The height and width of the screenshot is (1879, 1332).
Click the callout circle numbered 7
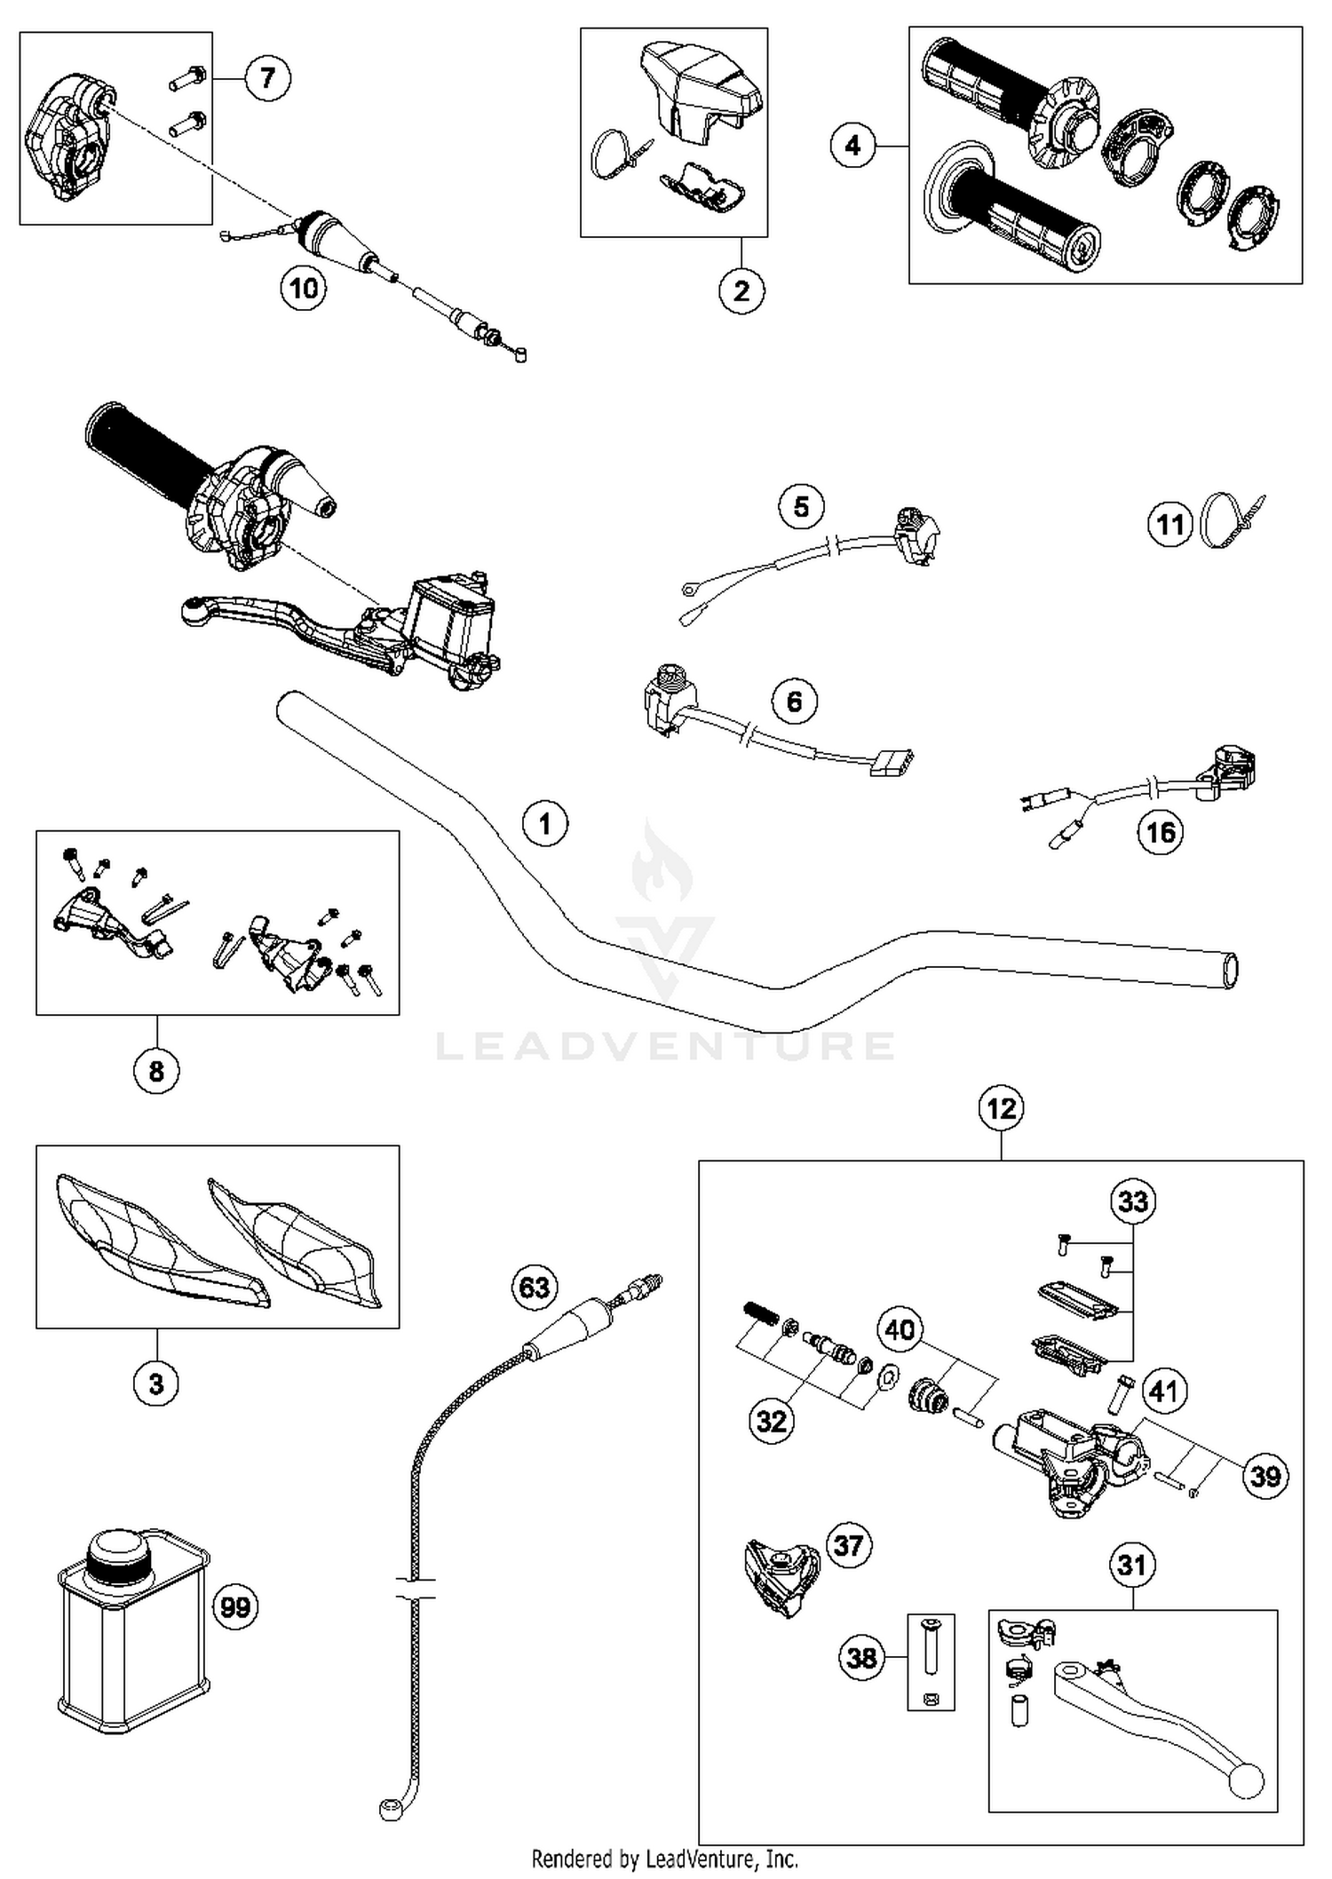click(267, 78)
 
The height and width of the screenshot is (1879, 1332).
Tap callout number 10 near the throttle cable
click(304, 288)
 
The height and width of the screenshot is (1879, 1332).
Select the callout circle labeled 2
click(741, 290)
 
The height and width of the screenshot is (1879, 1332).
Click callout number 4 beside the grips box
click(852, 145)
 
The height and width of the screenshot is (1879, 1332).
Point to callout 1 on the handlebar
click(544, 823)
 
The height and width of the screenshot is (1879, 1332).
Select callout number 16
click(1160, 832)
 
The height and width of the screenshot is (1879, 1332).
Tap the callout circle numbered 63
click(534, 1287)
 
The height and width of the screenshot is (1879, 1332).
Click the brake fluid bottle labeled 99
click(133, 1626)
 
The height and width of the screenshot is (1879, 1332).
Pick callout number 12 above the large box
click(1001, 1107)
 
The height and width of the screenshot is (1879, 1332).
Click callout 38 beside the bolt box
click(861, 1657)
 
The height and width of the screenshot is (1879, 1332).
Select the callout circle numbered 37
click(848, 1545)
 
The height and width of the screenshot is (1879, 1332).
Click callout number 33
click(1133, 1201)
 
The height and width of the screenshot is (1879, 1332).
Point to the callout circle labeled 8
click(156, 1070)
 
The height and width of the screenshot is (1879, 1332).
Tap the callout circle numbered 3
click(156, 1383)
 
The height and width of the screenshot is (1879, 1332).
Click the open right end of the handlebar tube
click(1230, 970)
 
